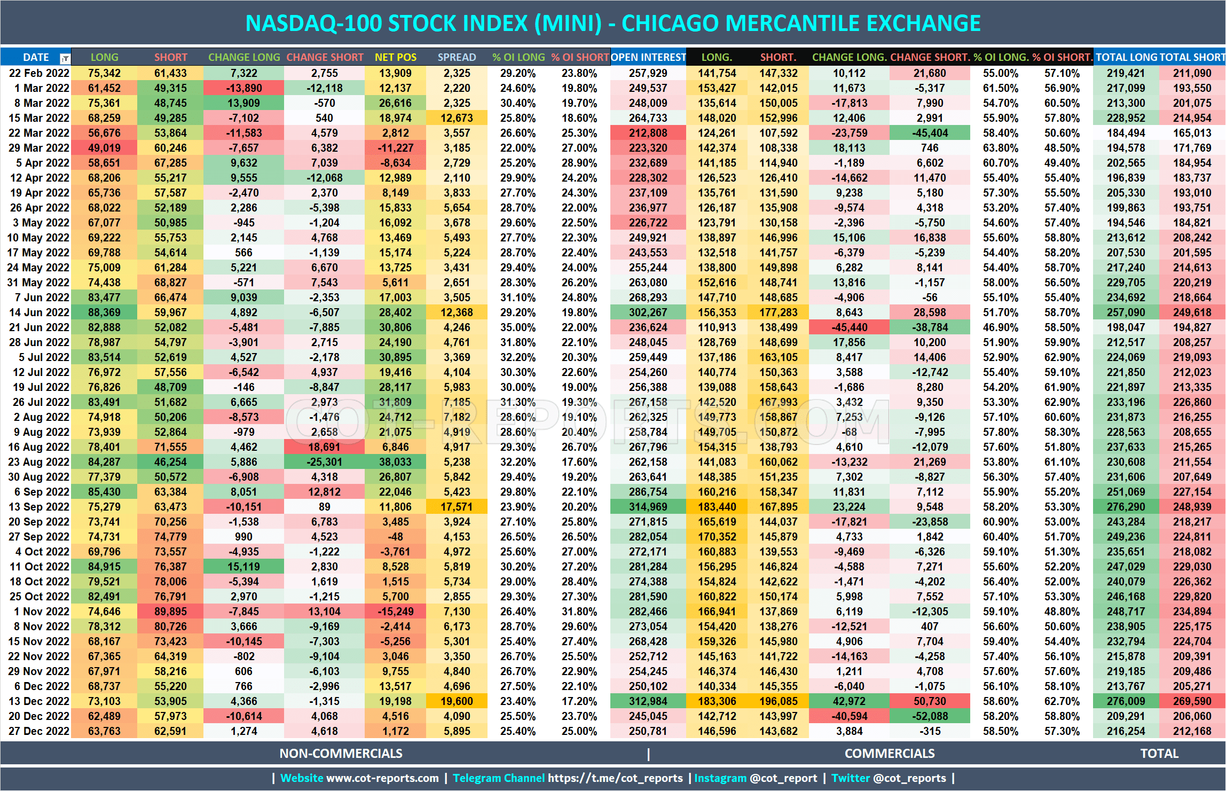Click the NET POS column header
395,57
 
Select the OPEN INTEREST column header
648,57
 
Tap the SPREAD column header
457,57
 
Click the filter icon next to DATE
65,58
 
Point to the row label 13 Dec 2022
39,701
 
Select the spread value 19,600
457,701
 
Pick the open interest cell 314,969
648,507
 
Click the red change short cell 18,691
324,447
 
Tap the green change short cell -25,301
324,462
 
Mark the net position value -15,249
395,612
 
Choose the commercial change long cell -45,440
849,327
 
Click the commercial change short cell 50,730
930,701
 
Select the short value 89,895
170,612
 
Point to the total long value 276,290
1126,507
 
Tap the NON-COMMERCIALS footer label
341,754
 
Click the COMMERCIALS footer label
890,754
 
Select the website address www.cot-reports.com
382,778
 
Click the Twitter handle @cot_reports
909,778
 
